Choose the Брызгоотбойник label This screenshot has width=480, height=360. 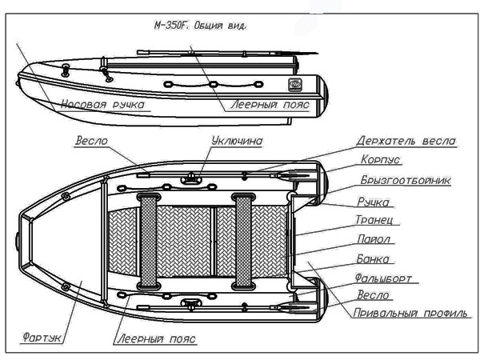(405, 181)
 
